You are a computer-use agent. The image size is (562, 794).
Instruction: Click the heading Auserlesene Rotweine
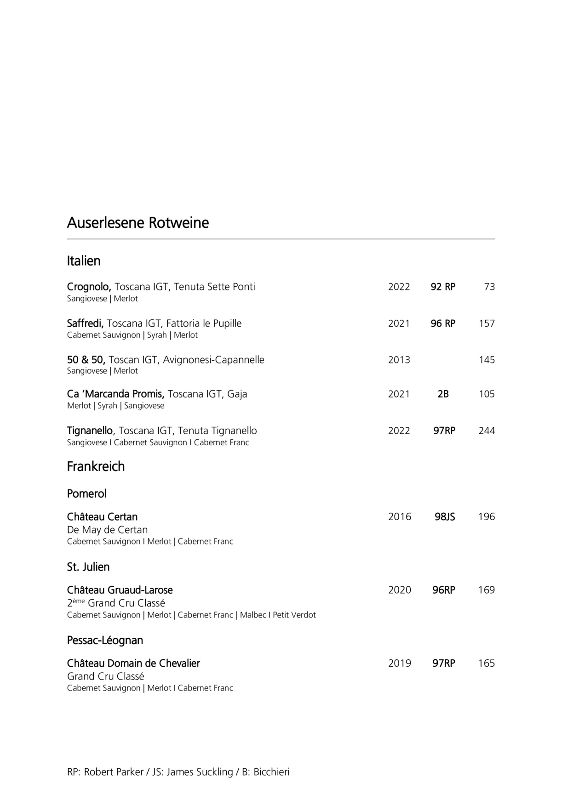click(x=138, y=223)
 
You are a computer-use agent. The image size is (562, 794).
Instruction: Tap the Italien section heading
click(x=84, y=261)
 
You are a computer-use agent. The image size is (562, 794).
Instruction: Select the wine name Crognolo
click(x=89, y=287)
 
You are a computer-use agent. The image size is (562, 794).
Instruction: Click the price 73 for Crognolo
click(x=489, y=287)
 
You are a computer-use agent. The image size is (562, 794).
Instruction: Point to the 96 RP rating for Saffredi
click(x=443, y=323)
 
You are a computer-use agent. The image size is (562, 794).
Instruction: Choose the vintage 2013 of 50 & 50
click(x=399, y=360)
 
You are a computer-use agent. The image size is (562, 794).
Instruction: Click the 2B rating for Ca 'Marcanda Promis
click(x=443, y=394)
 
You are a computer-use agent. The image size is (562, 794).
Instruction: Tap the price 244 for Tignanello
click(x=487, y=431)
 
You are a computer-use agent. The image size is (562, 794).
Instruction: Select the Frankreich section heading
click(x=96, y=466)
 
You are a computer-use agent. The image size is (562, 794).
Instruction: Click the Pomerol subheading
click(x=86, y=493)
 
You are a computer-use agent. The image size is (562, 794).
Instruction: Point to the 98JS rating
click(x=445, y=516)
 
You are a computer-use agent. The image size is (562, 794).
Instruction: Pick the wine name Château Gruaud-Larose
click(x=120, y=590)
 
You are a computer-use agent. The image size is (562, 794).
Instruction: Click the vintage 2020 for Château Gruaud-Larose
click(x=399, y=590)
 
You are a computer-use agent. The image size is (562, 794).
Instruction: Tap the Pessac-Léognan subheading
click(x=105, y=640)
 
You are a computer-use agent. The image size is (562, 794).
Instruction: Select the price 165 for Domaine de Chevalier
click(x=487, y=663)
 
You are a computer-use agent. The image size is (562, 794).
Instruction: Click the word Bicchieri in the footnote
click(x=271, y=772)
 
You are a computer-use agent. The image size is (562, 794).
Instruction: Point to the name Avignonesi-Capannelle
click(x=213, y=360)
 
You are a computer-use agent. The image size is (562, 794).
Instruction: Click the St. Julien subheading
click(x=88, y=567)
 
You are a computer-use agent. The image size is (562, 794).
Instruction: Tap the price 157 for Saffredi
click(x=487, y=323)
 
